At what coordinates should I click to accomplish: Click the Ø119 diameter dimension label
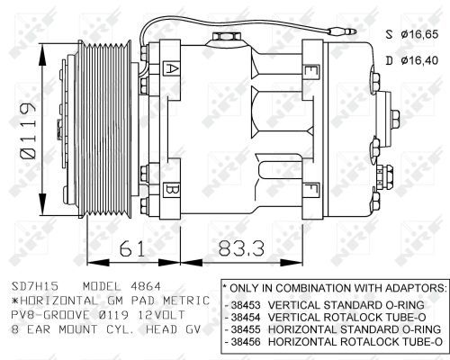click(x=28, y=130)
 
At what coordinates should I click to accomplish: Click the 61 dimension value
click(x=132, y=248)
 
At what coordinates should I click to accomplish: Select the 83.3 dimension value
click(x=242, y=248)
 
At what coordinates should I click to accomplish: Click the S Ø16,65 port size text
click(x=412, y=34)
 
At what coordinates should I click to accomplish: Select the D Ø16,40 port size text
click(x=412, y=60)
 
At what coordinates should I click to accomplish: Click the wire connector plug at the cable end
click(x=342, y=31)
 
